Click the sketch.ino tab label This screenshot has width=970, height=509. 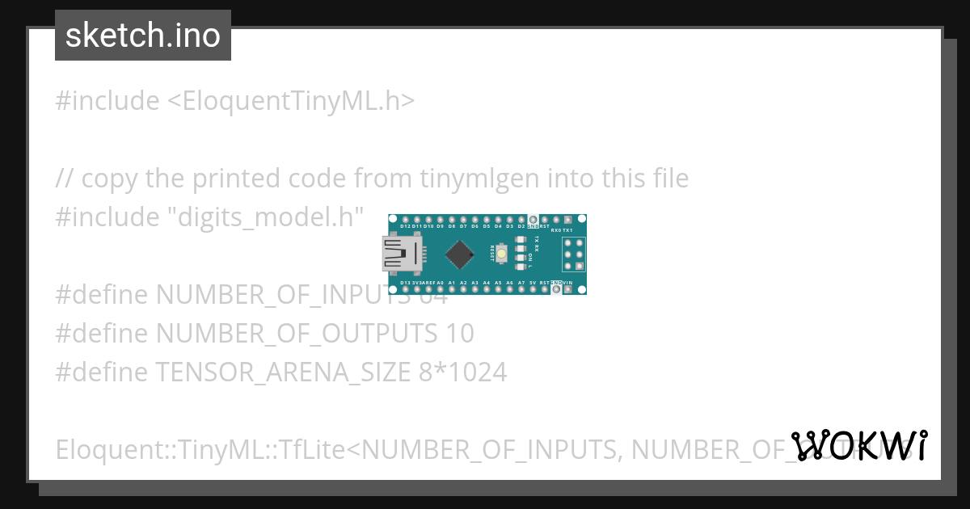pos(143,36)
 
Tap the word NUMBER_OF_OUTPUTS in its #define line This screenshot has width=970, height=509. pos(296,333)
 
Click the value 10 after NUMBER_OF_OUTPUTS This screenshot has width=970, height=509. pos(459,333)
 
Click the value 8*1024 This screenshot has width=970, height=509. pos(463,372)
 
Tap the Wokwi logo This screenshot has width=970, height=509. pos(859,445)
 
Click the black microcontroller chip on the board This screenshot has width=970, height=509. pos(459,254)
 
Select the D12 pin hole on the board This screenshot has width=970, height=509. pos(405,220)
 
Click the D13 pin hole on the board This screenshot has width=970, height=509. pos(405,288)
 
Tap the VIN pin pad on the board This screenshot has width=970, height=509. pos(568,288)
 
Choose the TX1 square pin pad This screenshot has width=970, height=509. pos(568,220)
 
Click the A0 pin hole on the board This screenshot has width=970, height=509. pos(440,288)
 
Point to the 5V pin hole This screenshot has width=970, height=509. pos(533,288)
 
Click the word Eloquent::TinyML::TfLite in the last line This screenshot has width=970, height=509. pos(200,448)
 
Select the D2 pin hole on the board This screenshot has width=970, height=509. pos(521,220)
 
